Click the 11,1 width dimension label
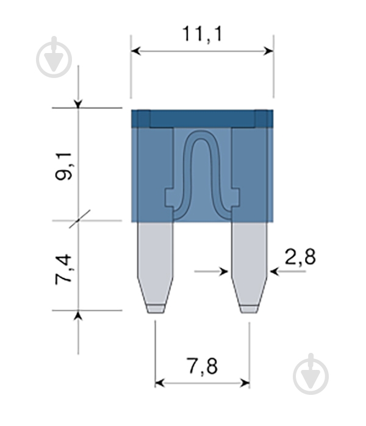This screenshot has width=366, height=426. pos(202,34)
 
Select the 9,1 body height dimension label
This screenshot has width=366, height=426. pos(63,166)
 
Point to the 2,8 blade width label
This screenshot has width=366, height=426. pos(300,257)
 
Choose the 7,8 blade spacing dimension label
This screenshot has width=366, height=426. pos(203,367)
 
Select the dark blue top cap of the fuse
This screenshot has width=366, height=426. pos(203,119)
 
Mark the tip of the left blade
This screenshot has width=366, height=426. pos(156,313)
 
